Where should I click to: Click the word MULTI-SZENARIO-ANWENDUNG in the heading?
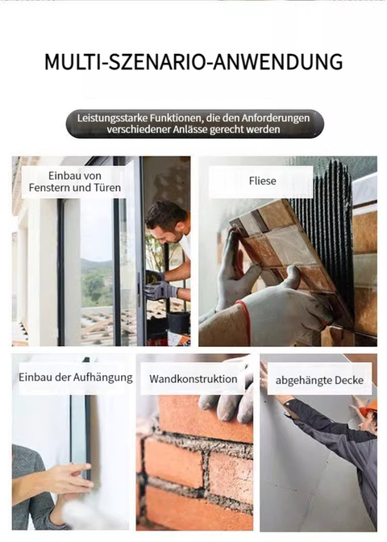193,62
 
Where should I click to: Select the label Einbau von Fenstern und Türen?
75,181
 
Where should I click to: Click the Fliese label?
262,181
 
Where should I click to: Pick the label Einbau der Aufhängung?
75,377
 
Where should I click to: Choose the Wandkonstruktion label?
193,379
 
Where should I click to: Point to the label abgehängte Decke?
319,381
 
